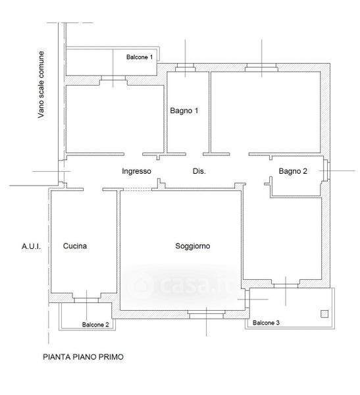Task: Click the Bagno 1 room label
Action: (184, 111)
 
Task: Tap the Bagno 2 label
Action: (293, 171)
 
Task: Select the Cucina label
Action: (75, 246)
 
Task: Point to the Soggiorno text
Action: (193, 246)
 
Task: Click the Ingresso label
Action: (136, 171)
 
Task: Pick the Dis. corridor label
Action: (199, 171)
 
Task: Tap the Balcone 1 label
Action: (140, 57)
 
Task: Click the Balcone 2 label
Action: (95, 325)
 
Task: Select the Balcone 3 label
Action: (266, 323)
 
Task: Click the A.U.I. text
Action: (31, 246)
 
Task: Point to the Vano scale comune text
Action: (41, 85)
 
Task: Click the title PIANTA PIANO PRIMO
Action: (83, 357)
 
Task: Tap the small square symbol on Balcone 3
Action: (324, 314)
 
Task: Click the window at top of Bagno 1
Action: (186, 68)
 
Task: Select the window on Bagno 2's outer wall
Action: (326, 171)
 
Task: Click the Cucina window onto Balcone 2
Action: (86, 300)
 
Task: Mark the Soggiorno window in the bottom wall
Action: (207, 315)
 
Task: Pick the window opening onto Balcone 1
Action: (113, 78)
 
